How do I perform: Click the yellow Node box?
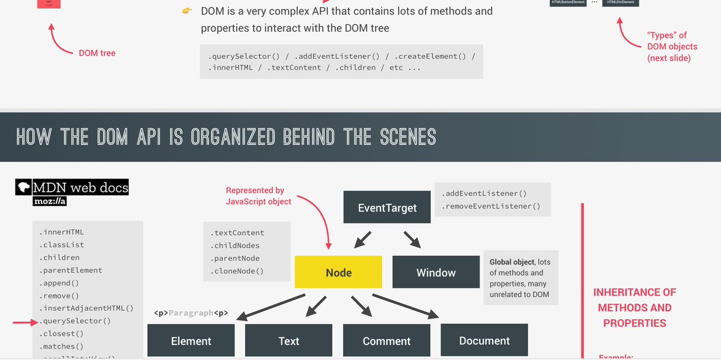338,272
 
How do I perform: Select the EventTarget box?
387,207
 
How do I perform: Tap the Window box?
436,272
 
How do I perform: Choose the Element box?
191,341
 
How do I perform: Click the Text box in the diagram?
288,341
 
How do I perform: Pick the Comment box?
386,341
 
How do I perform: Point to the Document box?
484,340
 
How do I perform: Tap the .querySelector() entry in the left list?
75,321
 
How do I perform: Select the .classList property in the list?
62,245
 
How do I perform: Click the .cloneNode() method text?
237,271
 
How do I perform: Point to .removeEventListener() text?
490,206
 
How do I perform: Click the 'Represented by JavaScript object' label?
258,196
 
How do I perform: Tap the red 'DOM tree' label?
97,53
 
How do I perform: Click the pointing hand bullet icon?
187,11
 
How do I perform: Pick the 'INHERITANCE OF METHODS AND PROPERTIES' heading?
634,308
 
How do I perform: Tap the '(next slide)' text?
669,58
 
